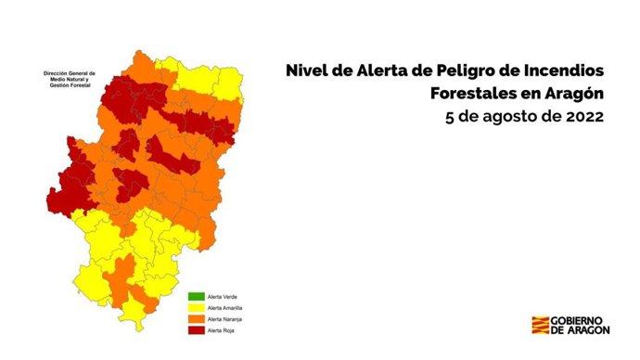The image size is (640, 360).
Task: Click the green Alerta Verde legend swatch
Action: [196, 297]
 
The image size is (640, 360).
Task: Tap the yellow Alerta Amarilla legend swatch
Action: [196, 308]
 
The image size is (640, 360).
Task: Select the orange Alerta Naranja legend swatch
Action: [196, 319]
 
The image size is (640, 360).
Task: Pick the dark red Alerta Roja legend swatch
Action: [196, 330]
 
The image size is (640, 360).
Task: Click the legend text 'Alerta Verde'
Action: [227, 297]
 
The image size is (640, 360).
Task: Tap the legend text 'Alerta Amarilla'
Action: [230, 308]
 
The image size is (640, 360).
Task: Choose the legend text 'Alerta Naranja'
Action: [230, 319]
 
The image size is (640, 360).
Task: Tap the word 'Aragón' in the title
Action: [572, 94]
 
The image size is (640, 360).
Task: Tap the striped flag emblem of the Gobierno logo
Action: [539, 326]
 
